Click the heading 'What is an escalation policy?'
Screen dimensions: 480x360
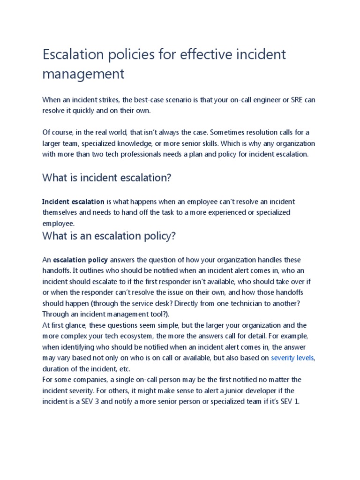point(109,236)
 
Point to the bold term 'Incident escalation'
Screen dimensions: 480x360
point(73,202)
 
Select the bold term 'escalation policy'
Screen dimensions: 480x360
point(81,260)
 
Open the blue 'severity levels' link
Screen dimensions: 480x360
point(293,358)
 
